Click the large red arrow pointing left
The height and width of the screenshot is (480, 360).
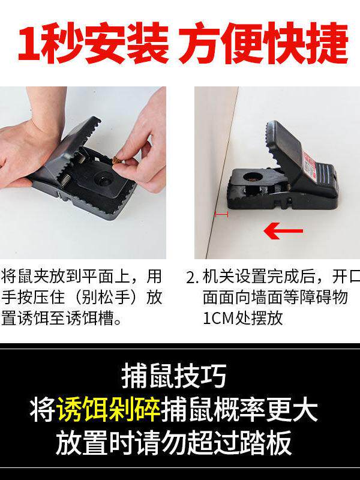click(284, 230)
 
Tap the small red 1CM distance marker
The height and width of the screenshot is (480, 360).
click(221, 214)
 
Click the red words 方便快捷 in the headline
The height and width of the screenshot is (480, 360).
click(264, 43)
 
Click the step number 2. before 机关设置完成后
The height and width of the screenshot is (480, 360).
click(192, 278)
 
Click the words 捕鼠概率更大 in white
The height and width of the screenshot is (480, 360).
click(239, 410)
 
